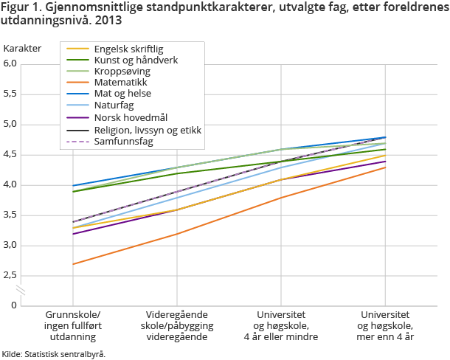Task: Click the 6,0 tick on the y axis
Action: point(10,63)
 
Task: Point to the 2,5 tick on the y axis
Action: point(10,276)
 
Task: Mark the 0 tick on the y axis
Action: point(13,305)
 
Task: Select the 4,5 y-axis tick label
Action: point(10,155)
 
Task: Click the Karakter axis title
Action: point(22,48)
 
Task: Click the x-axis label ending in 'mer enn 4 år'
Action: point(385,325)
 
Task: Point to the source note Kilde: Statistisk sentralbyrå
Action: point(53,354)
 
